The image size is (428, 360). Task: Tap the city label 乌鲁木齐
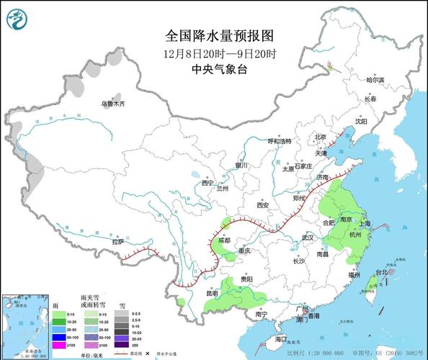click(112, 104)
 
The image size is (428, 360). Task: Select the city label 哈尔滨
click(375, 80)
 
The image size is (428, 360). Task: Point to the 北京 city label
click(321, 136)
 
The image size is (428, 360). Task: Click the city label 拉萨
click(117, 242)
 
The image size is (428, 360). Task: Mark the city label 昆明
click(192, 293)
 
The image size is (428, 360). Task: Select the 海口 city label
click(280, 338)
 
